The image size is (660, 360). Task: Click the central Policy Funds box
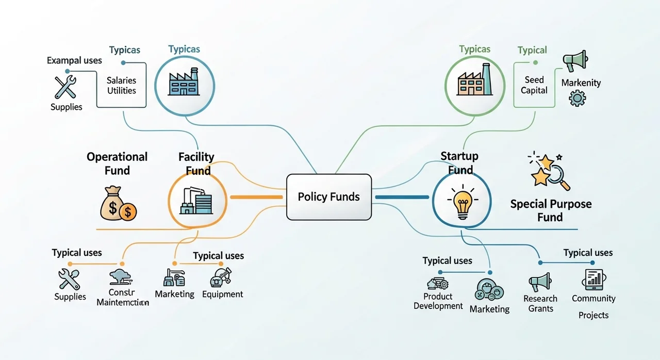click(x=328, y=197)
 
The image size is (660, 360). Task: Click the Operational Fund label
click(x=117, y=163)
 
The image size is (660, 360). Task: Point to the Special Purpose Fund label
click(x=551, y=210)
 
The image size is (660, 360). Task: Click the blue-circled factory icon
click(x=184, y=83)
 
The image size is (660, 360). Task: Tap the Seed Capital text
click(x=534, y=85)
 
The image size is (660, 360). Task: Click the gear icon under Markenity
click(x=577, y=98)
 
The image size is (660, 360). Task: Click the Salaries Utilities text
click(x=121, y=86)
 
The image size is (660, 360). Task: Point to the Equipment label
click(x=222, y=294)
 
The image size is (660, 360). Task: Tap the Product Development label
click(x=438, y=301)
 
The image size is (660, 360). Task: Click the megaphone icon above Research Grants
click(x=540, y=282)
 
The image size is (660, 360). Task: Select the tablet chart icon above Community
click(x=594, y=279)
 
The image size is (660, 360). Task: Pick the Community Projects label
click(x=593, y=306)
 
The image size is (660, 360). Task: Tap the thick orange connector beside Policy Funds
click(x=256, y=197)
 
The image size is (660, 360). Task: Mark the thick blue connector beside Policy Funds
click(x=402, y=197)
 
